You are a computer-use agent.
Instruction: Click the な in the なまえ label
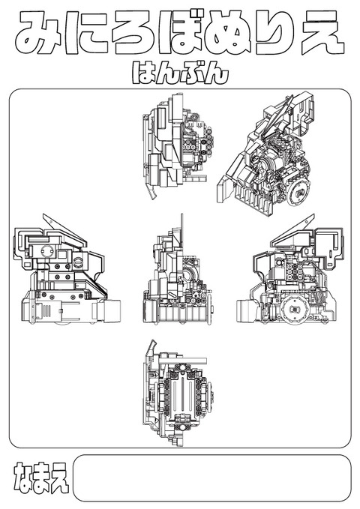point(22,478)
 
